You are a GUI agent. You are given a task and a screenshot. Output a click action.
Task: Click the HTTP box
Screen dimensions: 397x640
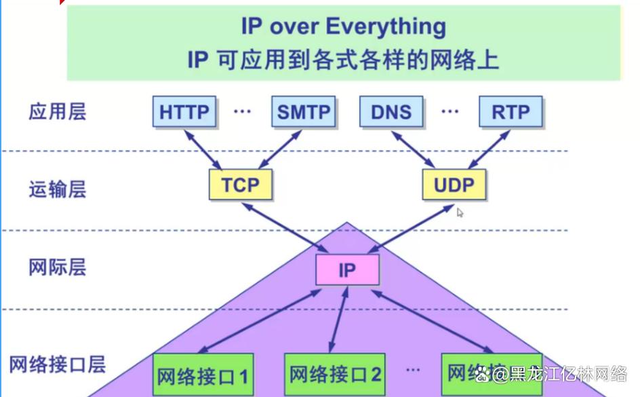point(184,112)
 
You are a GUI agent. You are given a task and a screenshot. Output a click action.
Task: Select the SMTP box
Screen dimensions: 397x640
point(303,112)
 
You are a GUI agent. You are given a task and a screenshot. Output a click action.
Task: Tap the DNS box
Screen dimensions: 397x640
point(391,112)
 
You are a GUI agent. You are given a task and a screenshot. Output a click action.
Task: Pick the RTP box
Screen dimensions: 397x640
point(511,112)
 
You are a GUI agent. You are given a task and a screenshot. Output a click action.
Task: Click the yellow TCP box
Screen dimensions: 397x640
point(240,185)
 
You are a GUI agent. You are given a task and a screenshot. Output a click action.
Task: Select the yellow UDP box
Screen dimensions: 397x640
point(454,185)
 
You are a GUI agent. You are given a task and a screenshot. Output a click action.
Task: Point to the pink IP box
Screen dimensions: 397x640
point(347,270)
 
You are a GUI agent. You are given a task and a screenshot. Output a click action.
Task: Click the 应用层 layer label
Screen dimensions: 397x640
point(58,111)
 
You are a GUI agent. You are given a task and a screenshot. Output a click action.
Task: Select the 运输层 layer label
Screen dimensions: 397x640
point(58,188)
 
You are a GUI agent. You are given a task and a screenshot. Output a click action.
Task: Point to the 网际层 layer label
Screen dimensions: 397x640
point(58,267)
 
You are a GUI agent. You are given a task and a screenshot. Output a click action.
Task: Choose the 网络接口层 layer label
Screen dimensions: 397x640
point(58,365)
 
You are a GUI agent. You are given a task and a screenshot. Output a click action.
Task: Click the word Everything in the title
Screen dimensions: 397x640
point(386,27)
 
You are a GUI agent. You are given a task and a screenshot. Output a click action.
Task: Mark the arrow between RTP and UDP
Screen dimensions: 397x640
point(489,148)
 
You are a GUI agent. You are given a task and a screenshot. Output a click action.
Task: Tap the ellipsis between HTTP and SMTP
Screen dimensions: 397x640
point(242,111)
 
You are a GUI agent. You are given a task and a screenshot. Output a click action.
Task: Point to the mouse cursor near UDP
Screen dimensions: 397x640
point(460,212)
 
